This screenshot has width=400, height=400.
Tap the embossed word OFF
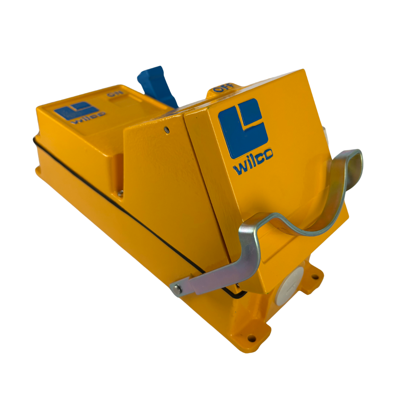223,88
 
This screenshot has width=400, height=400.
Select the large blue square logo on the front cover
243,128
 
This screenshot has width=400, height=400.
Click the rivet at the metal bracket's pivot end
177,289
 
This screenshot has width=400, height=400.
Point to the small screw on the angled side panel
167,130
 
